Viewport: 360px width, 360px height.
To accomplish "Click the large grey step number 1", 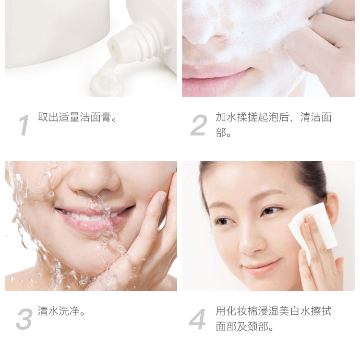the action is (x=24, y=125).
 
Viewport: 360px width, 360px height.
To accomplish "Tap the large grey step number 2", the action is (x=199, y=125).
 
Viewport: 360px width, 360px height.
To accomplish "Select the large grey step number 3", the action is (x=24, y=319).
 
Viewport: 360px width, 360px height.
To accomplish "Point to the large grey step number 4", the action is (x=197, y=319).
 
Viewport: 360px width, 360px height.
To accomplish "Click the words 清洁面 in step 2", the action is (x=316, y=117).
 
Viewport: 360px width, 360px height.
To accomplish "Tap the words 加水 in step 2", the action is (x=226, y=117).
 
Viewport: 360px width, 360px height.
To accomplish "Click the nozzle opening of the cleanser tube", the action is (x=114, y=48).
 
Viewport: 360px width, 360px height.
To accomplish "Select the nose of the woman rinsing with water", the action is (x=94, y=179).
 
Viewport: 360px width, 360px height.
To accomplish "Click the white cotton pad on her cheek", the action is (x=313, y=229).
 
